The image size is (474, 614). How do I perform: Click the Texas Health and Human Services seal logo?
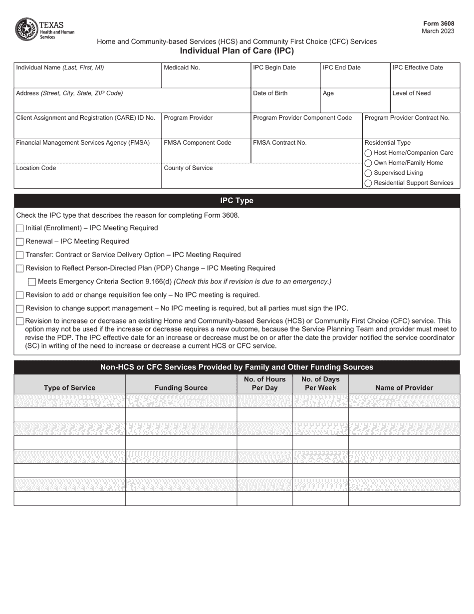[25, 29]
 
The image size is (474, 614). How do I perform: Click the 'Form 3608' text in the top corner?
[439, 23]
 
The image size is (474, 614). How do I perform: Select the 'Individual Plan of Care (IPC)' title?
[237, 50]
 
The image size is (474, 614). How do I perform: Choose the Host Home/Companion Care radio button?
[368, 153]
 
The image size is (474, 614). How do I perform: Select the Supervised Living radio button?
[368, 173]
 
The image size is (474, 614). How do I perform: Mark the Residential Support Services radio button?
[368, 183]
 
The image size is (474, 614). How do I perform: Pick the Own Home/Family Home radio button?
[368, 163]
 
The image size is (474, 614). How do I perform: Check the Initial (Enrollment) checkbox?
[20, 229]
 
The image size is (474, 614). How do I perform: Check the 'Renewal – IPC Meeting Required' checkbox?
[20, 242]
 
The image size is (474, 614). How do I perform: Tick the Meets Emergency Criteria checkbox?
[32, 282]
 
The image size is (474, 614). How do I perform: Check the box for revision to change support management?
[20, 308]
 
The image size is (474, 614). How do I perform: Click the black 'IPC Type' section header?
[237, 201]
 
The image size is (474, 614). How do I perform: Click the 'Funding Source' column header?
[181, 387]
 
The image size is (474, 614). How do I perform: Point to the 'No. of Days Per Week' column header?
[320, 383]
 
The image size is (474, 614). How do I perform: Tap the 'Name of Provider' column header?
[404, 387]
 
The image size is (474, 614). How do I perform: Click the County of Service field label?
[188, 168]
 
